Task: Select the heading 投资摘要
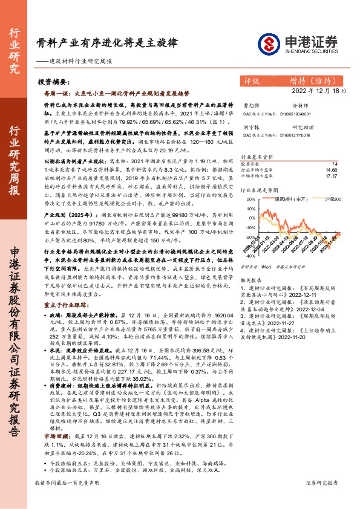click(49, 80)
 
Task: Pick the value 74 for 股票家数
click(335, 164)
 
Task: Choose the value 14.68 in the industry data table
click(332, 170)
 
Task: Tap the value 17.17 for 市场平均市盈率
click(332, 176)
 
